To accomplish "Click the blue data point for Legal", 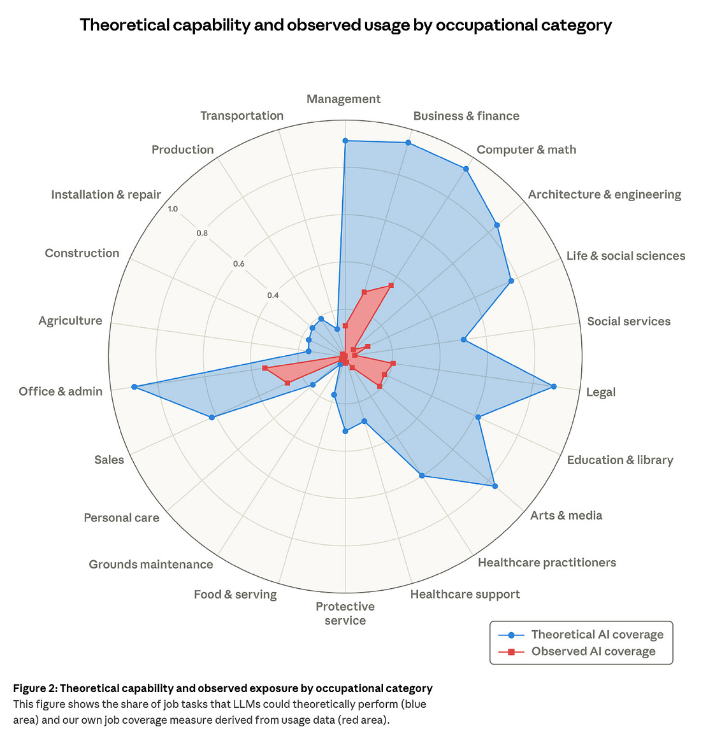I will (553, 386).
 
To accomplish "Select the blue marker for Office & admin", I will (134, 387).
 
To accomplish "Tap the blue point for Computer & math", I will (466, 169).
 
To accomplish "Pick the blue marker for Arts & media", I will (495, 486).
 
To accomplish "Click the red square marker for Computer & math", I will (391, 286).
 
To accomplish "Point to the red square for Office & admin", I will (264, 369).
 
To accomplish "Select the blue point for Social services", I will (464, 340).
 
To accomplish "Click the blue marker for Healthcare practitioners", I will (421, 476).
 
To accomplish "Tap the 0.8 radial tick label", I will (202, 233).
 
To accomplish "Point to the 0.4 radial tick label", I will (273, 295).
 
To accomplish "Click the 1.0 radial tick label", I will (173, 209).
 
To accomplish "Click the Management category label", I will (343, 99).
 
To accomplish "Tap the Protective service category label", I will (345, 614).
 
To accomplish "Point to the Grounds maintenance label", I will (151, 564).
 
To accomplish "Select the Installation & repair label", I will (106, 194).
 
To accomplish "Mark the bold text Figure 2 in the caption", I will (35, 688).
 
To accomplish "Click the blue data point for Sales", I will (212, 417).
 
